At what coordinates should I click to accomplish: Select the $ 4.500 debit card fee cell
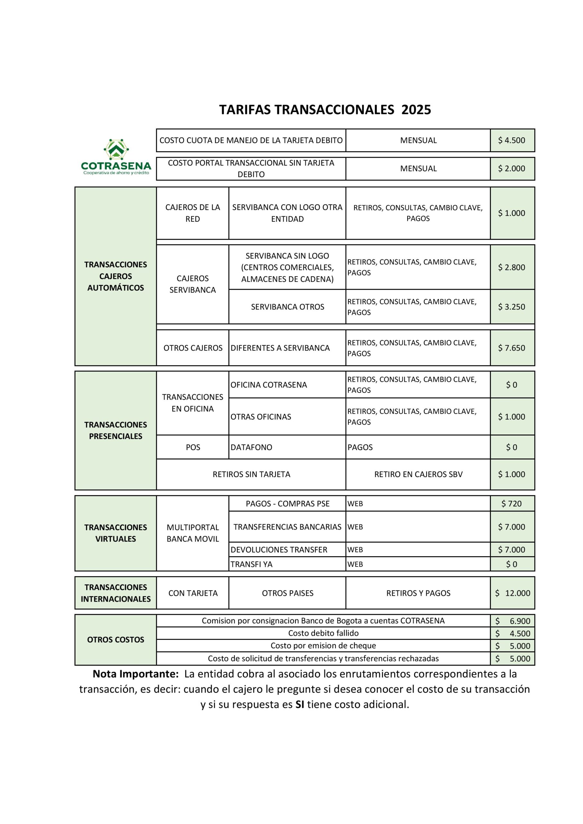coord(512,140)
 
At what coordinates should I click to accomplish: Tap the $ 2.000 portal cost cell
coord(512,169)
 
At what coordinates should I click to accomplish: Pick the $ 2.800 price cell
coord(512,267)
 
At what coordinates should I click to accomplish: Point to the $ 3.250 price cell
coord(512,307)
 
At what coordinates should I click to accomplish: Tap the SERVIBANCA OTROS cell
coord(287,307)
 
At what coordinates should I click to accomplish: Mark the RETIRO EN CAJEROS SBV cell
coord(418,474)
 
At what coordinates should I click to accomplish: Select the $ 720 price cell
coord(512,503)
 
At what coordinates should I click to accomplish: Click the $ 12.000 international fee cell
coord(512,593)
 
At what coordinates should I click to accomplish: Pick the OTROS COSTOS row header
coord(116,640)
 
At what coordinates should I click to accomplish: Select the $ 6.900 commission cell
coord(512,621)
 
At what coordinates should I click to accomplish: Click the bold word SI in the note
coord(300,705)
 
